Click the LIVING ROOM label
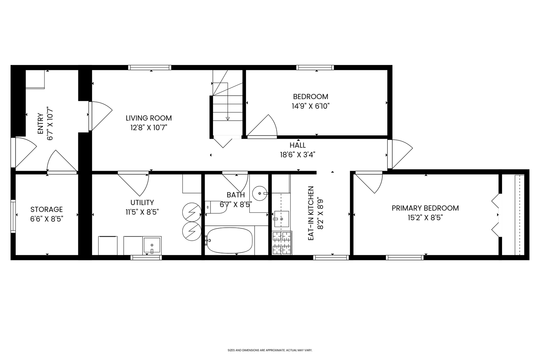coord(149,118)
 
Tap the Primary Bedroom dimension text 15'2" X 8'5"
coord(425,218)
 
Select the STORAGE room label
coord(47,209)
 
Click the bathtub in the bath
coord(229,240)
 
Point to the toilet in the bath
coord(216,207)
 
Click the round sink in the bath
coord(260,193)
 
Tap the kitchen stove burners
coord(282,243)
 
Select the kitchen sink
coord(281,219)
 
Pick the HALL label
coord(298,145)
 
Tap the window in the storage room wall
coord(13,216)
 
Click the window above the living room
coord(150,68)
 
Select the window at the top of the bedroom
coord(315,68)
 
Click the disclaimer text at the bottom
coord(270,350)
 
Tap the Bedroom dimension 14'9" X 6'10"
coord(311,106)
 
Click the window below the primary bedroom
coord(405,258)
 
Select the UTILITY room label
coord(142,203)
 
